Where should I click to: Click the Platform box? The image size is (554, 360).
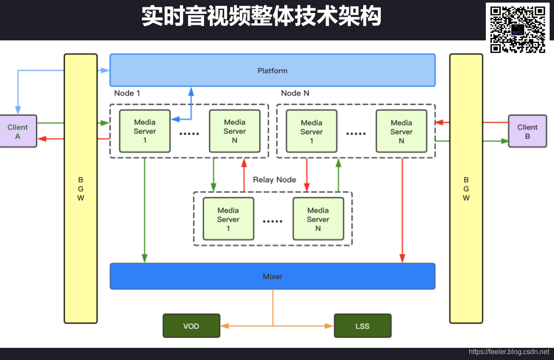click(272, 70)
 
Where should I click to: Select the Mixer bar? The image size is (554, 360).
click(272, 276)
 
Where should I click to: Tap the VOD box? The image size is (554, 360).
click(191, 326)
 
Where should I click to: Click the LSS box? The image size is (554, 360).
click(363, 326)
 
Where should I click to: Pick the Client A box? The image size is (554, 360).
click(18, 131)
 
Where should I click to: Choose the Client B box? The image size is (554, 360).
click(527, 131)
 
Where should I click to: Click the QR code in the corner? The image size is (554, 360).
click(518, 29)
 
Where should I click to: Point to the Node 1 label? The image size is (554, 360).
click(127, 93)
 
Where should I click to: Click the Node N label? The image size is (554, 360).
click(295, 93)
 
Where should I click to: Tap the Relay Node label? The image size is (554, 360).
click(274, 180)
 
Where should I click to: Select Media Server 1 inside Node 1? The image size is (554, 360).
click(145, 131)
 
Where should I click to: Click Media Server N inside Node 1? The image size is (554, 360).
click(234, 131)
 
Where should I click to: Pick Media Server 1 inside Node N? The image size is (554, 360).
click(311, 132)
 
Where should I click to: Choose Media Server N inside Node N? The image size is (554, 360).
click(401, 132)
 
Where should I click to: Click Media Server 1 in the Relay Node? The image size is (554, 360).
click(228, 219)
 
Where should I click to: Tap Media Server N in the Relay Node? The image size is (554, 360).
click(318, 219)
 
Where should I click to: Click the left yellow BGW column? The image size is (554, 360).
click(81, 188)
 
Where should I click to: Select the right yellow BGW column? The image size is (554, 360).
click(466, 188)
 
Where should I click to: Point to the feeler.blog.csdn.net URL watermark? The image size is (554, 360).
click(509, 352)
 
